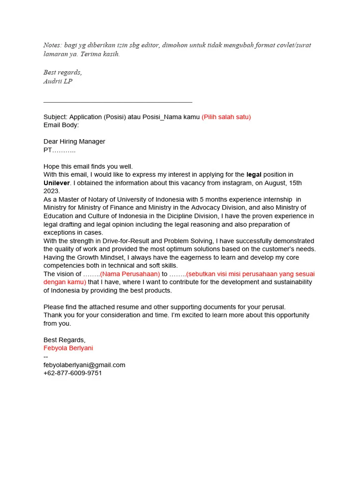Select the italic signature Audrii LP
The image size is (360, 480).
pyautogui.click(x=58, y=81)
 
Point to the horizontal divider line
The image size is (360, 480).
pyautogui.click(x=118, y=102)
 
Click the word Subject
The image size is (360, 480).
pyautogui.click(x=55, y=117)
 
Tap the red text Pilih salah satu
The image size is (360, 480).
pyautogui.click(x=226, y=117)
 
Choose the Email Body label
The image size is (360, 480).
pyautogui.click(x=61, y=125)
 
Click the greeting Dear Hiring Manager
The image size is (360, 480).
pyautogui.click(x=74, y=142)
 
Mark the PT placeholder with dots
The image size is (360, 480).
pyautogui.click(x=60, y=150)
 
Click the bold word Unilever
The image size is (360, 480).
pyautogui.click(x=56, y=183)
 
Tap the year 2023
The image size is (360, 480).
pyautogui.click(x=52, y=191)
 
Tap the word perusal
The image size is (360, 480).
pyautogui.click(x=273, y=307)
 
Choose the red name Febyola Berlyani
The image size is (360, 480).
pyautogui.click(x=68, y=348)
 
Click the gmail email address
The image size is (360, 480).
pyautogui.click(x=84, y=365)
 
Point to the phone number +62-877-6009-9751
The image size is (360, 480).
pyautogui.click(x=73, y=373)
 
